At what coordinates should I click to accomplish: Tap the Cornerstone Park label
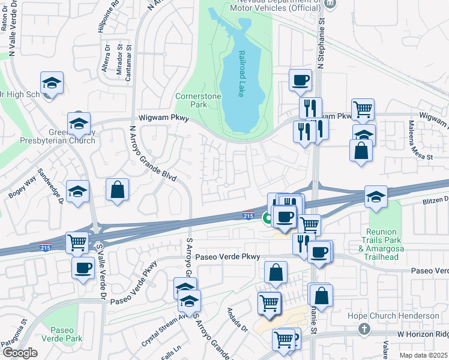coord(198,100)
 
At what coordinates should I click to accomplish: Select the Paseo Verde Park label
coord(62,334)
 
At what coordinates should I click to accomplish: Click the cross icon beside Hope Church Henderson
coord(363,329)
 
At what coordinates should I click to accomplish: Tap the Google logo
coord(19,353)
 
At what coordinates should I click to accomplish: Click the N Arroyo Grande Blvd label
coord(152,154)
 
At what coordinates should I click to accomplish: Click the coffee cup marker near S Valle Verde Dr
coord(83,268)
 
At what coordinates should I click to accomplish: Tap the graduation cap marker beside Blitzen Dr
coord(376,197)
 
